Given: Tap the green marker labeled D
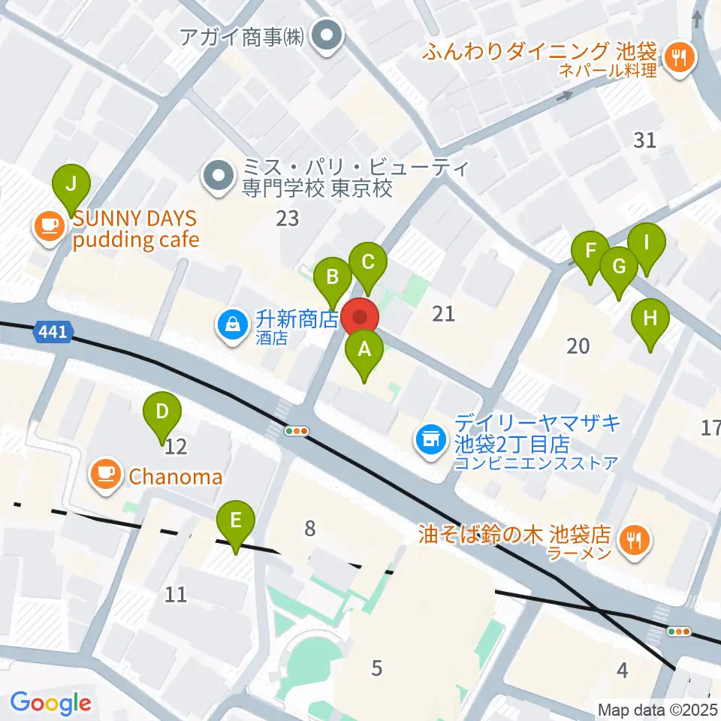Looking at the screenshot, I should (x=162, y=414).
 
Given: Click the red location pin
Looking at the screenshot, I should (x=360, y=318).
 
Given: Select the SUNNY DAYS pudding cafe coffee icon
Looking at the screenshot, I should (x=50, y=225).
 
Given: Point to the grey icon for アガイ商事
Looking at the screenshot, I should (x=327, y=35).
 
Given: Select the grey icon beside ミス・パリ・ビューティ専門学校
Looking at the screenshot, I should (x=219, y=176).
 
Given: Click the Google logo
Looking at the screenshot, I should (x=50, y=703).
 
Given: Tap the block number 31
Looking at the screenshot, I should (x=644, y=140).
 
